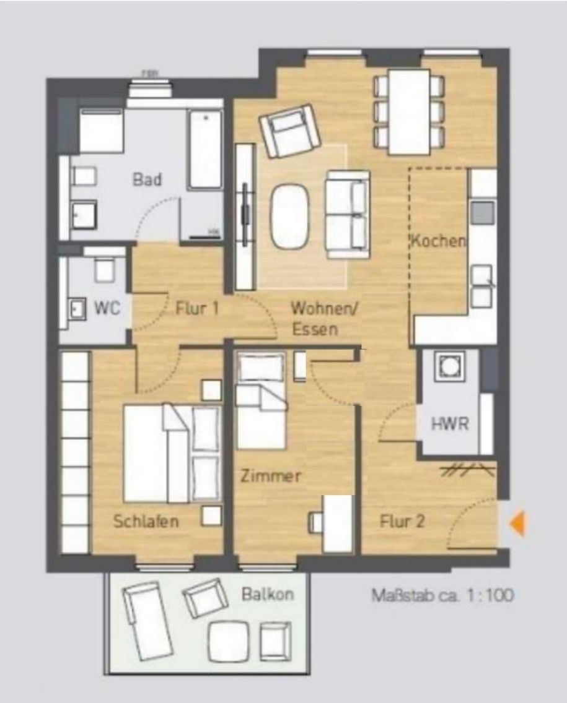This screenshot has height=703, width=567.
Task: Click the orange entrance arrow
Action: tap(517, 523)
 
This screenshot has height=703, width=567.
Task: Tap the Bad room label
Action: tap(147, 179)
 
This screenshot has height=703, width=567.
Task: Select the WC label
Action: tap(107, 308)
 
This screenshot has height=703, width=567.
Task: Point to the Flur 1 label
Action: tap(197, 308)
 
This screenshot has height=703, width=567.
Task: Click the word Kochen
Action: tap(438, 241)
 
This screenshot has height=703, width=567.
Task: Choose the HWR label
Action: tap(450, 424)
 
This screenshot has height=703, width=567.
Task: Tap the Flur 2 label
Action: tap(402, 521)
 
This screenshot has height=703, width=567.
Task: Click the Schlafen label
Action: tap(146, 521)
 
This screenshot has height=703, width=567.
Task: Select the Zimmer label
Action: tap(271, 476)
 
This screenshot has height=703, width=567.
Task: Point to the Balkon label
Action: tap(268, 595)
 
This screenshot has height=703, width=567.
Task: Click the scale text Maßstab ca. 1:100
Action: tap(442, 595)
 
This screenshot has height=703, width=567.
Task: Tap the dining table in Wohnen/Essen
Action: tap(410, 112)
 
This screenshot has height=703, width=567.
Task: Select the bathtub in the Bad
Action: tap(205, 149)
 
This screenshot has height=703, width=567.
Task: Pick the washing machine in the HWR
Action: tap(450, 366)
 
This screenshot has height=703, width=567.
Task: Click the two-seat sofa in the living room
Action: tap(348, 215)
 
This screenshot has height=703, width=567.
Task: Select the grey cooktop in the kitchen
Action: tap(483, 212)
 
